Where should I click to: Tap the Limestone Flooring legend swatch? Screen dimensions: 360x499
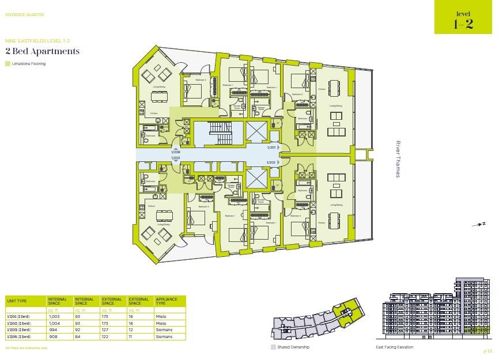pyautogui.click(x=7, y=64)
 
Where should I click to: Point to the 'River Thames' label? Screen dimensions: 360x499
pyautogui.click(x=397, y=159)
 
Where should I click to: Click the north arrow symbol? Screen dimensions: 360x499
pyautogui.click(x=479, y=224)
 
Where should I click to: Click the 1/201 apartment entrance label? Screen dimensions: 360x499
pyautogui.click(x=271, y=148)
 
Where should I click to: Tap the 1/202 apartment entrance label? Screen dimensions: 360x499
pyautogui.click(x=271, y=162)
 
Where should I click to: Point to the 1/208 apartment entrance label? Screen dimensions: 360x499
pyautogui.click(x=176, y=153)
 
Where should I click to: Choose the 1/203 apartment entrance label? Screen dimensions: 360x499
pyautogui.click(x=176, y=158)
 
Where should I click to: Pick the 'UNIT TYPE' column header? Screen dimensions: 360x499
pyautogui.click(x=17, y=301)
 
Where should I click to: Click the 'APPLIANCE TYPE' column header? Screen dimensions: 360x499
pyautogui.click(x=165, y=301)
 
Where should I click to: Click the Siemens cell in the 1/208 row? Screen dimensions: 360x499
pyautogui.click(x=164, y=336)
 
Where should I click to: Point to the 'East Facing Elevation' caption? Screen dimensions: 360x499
pyautogui.click(x=394, y=347)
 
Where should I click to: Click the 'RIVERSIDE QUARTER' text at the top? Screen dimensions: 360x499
pyautogui.click(x=24, y=15)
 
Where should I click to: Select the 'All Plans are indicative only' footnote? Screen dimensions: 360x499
pyautogui.click(x=27, y=348)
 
